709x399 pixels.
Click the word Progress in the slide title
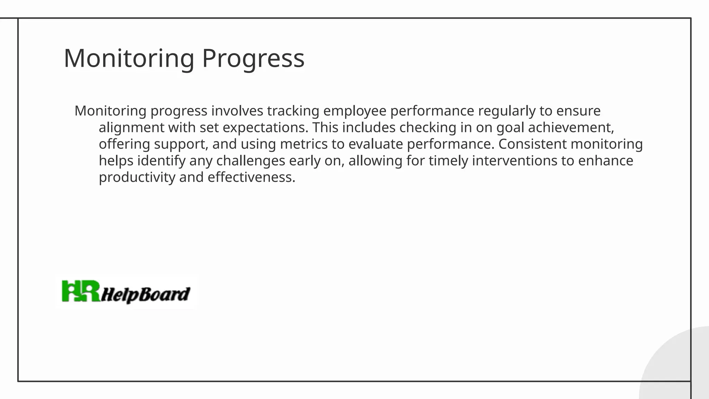(253, 58)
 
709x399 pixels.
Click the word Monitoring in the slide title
(129, 58)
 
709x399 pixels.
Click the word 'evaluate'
(376, 144)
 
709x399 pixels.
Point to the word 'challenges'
(251, 161)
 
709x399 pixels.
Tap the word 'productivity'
(137, 177)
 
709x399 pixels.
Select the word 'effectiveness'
(251, 177)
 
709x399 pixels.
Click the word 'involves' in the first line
(237, 111)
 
